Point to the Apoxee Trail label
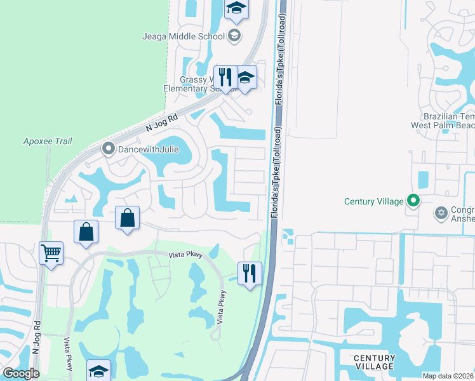click(x=47, y=141)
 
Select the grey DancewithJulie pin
click(x=108, y=149)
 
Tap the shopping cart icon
click(x=51, y=253)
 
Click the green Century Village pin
click(x=414, y=201)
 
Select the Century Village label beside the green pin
click(x=373, y=201)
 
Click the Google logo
click(x=21, y=373)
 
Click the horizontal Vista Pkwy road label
click(x=185, y=255)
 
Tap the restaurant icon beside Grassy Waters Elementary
click(x=225, y=77)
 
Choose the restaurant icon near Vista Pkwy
click(x=250, y=273)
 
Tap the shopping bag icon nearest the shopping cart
click(x=86, y=232)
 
